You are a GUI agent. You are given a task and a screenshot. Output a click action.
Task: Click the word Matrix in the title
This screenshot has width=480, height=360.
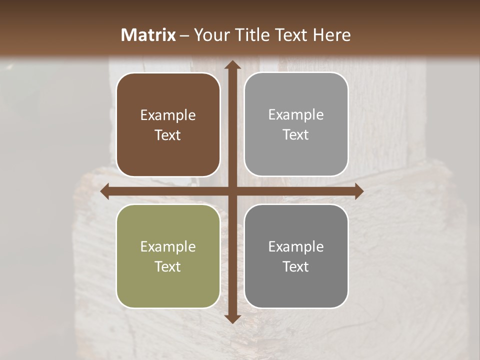click(x=148, y=35)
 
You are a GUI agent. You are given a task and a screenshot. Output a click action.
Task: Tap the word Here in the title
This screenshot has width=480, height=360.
click(x=332, y=35)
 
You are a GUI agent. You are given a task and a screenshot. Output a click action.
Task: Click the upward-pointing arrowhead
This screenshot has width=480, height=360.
click(x=232, y=63)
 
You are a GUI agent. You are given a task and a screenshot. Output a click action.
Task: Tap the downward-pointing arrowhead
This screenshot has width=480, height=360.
click(x=232, y=319)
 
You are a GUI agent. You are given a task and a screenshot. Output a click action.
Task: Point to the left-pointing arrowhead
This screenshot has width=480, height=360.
click(x=105, y=191)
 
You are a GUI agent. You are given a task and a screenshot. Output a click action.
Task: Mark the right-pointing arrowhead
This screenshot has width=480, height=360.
click(x=359, y=191)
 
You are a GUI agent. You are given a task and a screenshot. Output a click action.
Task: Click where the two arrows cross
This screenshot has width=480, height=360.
click(x=232, y=191)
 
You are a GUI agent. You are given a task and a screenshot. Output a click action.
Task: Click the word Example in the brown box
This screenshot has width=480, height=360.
click(x=168, y=115)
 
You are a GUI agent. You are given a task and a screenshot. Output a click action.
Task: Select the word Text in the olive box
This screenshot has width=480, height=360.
click(x=168, y=266)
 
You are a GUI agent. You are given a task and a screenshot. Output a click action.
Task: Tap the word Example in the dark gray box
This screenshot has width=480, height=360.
click(x=296, y=246)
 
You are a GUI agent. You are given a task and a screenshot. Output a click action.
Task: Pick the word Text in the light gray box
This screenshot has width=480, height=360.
click(x=296, y=135)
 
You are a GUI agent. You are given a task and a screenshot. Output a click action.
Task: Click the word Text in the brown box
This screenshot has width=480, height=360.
click(x=168, y=135)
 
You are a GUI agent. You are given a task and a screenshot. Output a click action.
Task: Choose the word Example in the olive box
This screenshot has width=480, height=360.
click(x=168, y=246)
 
